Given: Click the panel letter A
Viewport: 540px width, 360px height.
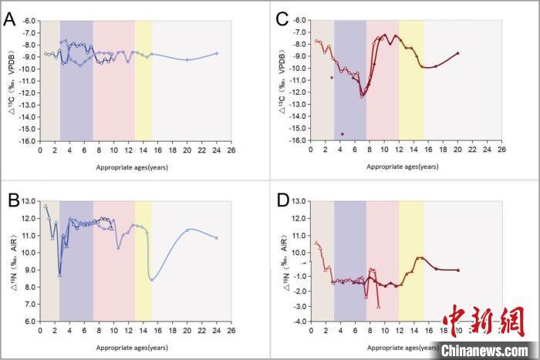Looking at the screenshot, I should pyautogui.click(x=10, y=19).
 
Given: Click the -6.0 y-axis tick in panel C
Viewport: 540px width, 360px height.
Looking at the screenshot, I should pyautogui.click(x=298, y=21).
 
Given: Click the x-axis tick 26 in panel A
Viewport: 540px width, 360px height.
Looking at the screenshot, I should pyautogui.click(x=230, y=150).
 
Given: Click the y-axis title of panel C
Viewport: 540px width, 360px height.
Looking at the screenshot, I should pyautogui.click(x=283, y=80).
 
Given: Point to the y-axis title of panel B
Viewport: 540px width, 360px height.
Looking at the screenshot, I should pyautogui.click(x=13, y=262).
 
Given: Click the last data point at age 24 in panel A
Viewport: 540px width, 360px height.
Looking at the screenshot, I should pyautogui.click(x=216, y=53).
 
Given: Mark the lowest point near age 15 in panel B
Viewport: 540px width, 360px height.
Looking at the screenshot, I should pyautogui.click(x=152, y=280).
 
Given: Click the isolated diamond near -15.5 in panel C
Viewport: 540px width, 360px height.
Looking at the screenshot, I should pyautogui.click(x=342, y=134).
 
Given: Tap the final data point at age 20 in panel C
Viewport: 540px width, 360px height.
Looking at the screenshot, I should pyautogui.click(x=457, y=53).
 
